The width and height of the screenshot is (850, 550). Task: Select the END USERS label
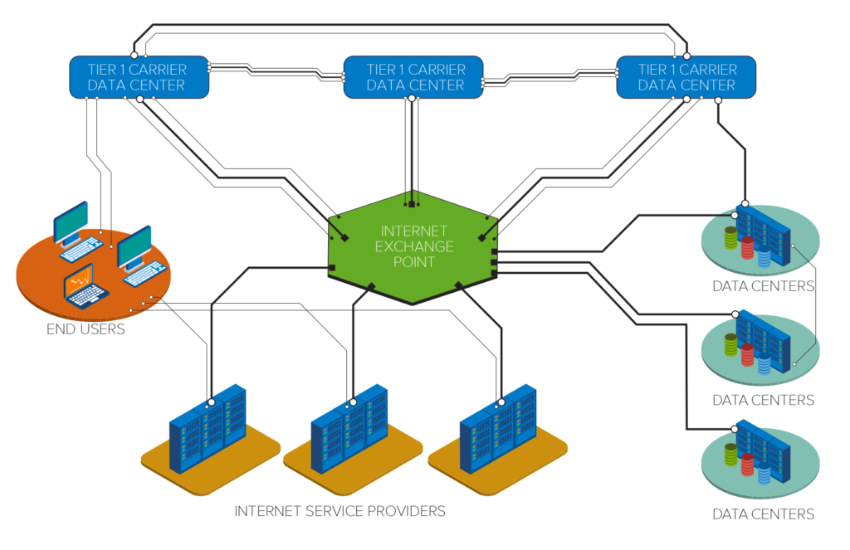(86, 330)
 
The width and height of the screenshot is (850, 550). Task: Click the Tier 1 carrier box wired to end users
(138, 76)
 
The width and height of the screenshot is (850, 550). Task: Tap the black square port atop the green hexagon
(411, 202)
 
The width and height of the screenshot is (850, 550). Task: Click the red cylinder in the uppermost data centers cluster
(748, 247)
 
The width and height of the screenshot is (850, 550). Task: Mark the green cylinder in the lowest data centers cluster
(730, 455)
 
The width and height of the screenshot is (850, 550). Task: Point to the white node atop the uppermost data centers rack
(745, 203)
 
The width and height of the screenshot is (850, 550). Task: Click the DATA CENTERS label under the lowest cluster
(763, 514)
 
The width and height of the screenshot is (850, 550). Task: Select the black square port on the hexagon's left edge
(331, 266)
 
